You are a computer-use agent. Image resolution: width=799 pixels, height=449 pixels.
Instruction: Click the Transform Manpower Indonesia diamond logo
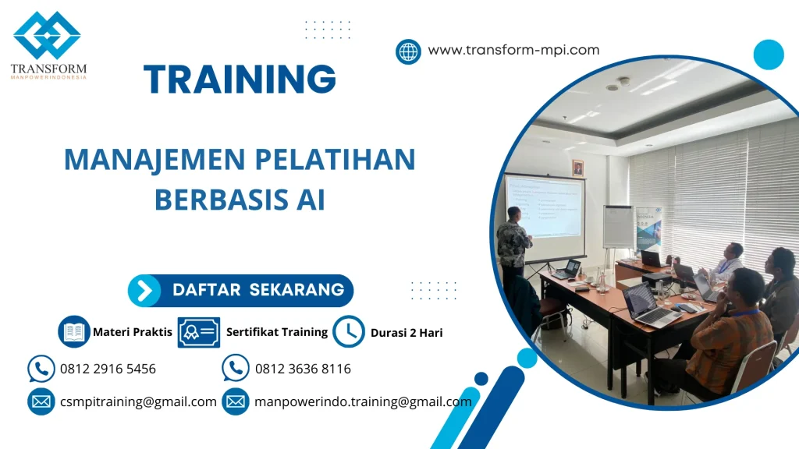(x=47, y=35)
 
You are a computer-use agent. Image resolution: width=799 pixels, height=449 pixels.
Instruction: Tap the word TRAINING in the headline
(x=240, y=80)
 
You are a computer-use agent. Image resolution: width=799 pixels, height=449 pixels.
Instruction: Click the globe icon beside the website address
(x=408, y=51)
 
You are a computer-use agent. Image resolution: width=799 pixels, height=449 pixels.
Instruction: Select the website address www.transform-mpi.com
(x=513, y=50)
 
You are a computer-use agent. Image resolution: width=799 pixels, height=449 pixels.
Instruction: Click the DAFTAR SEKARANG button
(x=240, y=290)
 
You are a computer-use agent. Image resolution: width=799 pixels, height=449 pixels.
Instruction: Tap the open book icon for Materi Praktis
(x=75, y=331)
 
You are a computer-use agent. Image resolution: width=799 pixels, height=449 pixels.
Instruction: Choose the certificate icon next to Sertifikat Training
(x=198, y=332)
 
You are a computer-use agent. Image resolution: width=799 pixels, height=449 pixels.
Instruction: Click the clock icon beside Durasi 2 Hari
(x=349, y=331)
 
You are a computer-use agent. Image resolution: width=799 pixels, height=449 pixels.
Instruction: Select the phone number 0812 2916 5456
(x=108, y=369)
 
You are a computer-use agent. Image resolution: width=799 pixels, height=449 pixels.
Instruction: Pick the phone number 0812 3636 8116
(x=303, y=369)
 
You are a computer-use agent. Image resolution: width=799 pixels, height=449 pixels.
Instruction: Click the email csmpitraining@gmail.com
(x=138, y=401)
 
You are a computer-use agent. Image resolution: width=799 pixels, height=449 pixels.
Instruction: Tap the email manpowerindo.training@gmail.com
(x=363, y=401)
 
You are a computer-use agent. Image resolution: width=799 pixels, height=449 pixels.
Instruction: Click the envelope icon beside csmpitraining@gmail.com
(x=41, y=401)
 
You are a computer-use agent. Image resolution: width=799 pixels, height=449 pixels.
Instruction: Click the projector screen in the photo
(x=545, y=206)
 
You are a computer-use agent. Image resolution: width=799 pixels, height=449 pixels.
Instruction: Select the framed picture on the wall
(x=577, y=168)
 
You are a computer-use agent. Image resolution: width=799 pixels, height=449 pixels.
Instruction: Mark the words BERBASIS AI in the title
(x=240, y=200)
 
